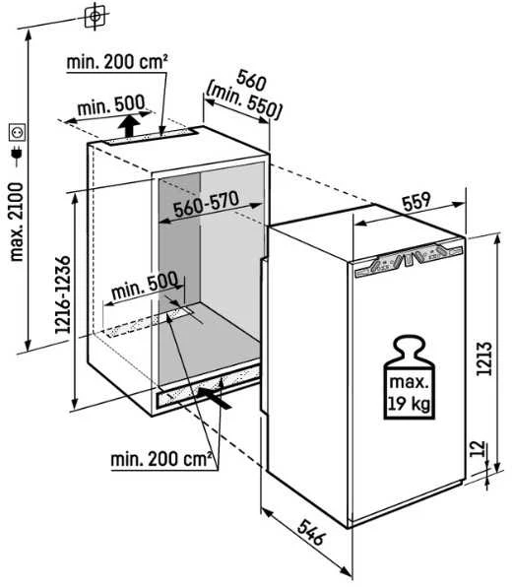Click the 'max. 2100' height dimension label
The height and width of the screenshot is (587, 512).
click(17, 222)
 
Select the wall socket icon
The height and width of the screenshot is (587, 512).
click(17, 132)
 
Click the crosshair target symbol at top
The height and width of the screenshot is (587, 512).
click(95, 16)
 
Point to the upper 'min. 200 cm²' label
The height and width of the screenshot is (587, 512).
click(117, 62)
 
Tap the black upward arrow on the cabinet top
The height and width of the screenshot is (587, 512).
click(130, 126)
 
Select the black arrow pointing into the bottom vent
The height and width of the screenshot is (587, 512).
click(215, 398)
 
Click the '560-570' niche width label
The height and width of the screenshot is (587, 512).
click(206, 204)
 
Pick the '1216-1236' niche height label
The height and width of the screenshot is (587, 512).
click(62, 294)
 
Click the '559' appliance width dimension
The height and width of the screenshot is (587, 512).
click(416, 202)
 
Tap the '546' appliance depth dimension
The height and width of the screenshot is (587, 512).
click(310, 532)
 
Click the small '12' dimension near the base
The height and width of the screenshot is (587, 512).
click(477, 448)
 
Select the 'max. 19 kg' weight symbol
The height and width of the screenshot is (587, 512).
click(409, 377)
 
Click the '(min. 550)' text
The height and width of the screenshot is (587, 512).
click(243, 104)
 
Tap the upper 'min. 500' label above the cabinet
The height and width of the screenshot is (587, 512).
click(111, 105)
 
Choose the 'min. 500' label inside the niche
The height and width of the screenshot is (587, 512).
click(145, 286)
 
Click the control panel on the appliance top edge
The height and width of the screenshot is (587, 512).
click(409, 259)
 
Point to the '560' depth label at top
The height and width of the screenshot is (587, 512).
click(251, 81)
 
